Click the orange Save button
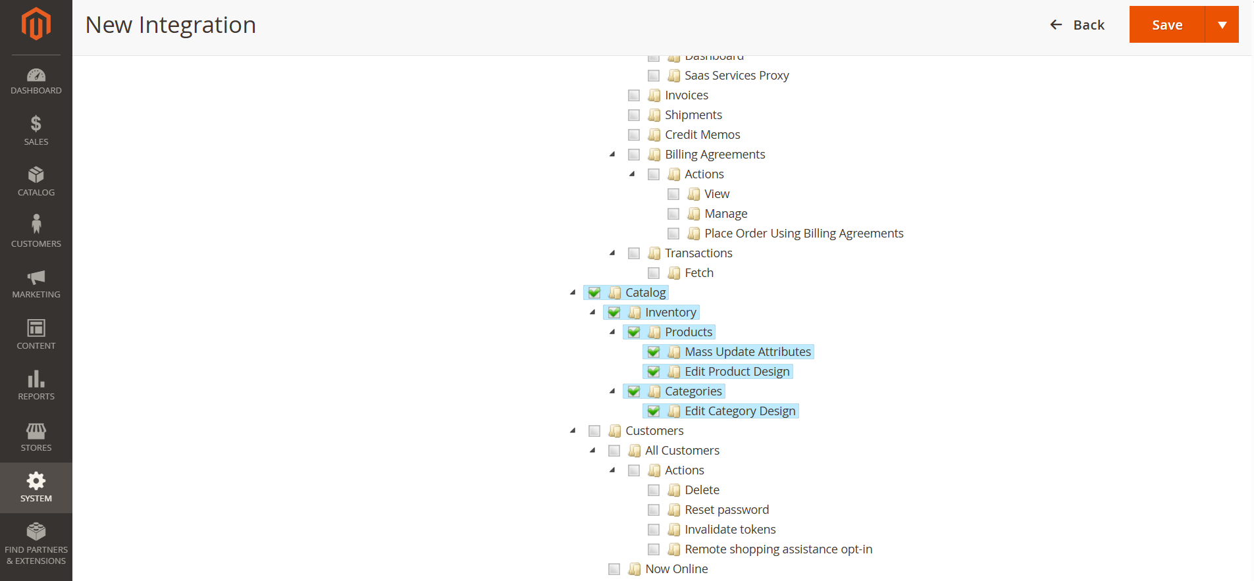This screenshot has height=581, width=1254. pos(1166,25)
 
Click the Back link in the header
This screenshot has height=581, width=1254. pos(1077,25)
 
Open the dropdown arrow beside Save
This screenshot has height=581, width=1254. pos(1222,25)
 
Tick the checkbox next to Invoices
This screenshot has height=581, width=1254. pos(634,95)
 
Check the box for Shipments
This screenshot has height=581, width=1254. pos(634,115)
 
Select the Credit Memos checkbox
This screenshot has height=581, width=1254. pos(634,135)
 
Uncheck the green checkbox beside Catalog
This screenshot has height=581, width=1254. pos(594,293)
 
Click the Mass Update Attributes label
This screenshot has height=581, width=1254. pos(747,352)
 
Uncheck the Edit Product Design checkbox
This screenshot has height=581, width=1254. pos(654,372)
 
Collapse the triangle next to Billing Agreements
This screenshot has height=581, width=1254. pos(613,154)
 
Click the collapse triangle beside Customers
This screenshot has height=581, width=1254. pos(573,430)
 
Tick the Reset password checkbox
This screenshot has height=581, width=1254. pos(654,510)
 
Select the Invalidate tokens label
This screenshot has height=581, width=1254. pos(729,530)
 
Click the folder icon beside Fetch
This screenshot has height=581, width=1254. pos(674,273)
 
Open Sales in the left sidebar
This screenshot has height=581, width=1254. pos(36,130)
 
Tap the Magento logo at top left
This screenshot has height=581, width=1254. pos(36,24)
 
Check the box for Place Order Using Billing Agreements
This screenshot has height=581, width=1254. pos(673,234)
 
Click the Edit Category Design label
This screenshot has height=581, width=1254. pos(740,411)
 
